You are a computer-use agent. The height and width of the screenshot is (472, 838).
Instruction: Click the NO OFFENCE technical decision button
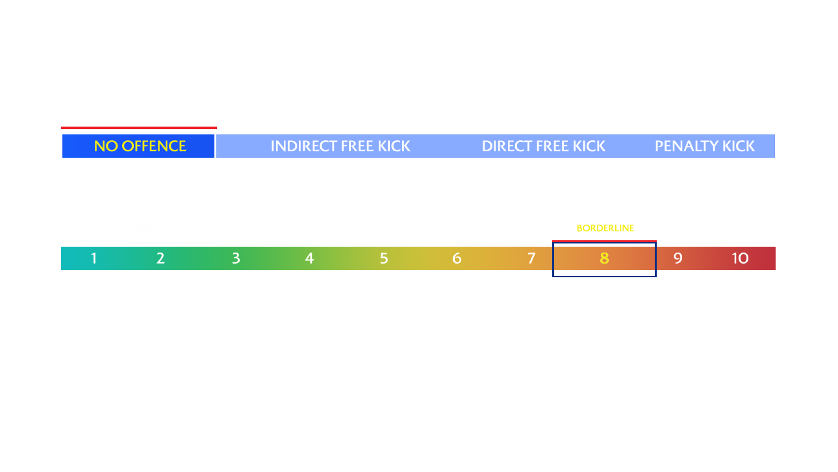(x=139, y=146)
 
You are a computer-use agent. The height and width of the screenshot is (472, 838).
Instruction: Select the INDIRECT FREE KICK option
(x=340, y=146)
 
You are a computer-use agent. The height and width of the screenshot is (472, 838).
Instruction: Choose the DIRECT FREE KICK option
(x=544, y=146)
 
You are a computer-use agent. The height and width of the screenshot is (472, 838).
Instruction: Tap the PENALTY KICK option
(x=705, y=146)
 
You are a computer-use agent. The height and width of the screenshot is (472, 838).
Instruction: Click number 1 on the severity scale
(x=94, y=258)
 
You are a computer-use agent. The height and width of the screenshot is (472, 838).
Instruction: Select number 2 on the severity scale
(x=160, y=258)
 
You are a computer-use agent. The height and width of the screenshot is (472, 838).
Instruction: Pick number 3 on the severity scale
(x=236, y=258)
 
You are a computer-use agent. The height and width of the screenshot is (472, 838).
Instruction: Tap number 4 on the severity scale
(x=309, y=258)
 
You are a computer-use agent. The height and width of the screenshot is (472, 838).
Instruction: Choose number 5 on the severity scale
(x=384, y=258)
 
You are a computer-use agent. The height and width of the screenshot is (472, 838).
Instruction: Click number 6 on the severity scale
(x=457, y=258)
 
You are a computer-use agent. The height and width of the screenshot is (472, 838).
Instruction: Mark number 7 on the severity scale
(x=531, y=258)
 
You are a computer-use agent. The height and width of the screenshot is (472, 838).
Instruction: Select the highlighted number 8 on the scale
(x=604, y=258)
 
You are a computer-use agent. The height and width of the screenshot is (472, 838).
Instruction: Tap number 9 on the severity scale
(x=678, y=258)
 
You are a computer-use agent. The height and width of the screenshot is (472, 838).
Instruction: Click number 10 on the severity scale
(x=740, y=258)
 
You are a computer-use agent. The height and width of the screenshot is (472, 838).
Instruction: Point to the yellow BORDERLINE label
(x=605, y=228)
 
